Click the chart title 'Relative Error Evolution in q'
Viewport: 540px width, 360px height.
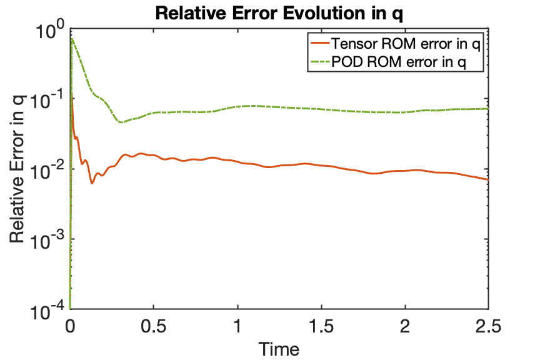coord(279,13)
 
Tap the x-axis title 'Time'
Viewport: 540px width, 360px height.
coord(279,349)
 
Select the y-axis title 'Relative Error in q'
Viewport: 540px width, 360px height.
coord(17,169)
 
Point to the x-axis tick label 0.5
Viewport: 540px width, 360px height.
coord(154,326)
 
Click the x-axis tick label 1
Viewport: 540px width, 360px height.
coord(237,326)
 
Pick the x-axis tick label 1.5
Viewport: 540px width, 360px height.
coord(321,326)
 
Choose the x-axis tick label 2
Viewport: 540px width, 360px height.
coord(405,326)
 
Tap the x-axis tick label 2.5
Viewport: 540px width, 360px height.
coord(488,326)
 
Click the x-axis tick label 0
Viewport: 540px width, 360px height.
coord(70,326)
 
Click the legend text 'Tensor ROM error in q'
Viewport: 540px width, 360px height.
coord(406,44)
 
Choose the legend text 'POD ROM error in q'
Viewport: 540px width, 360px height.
coord(399,62)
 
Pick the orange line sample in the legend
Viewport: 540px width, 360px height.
coord(321,43)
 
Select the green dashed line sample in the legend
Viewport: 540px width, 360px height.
coord(321,62)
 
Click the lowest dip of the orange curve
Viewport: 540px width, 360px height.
coord(92,183)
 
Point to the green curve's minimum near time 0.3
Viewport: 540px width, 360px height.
coord(121,122)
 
